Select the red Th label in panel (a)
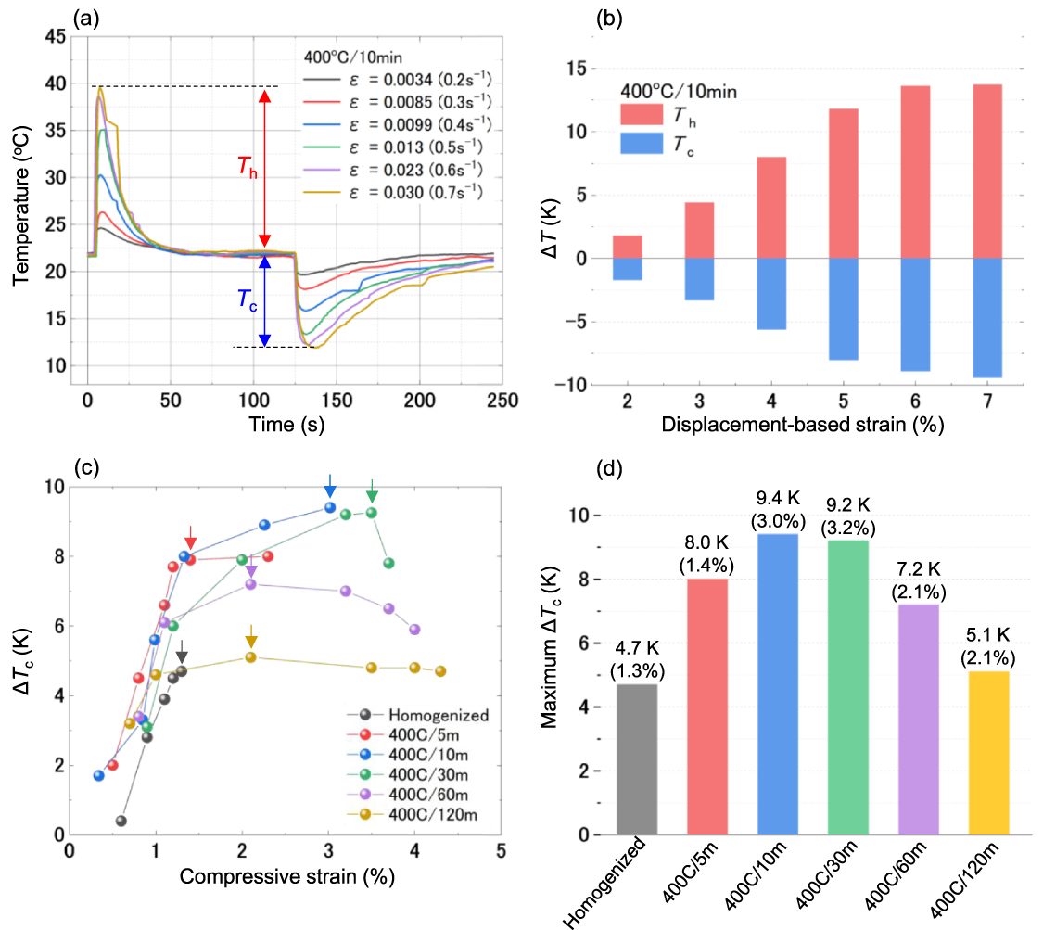243,168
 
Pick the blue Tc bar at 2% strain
628,269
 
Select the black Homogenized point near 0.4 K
121,821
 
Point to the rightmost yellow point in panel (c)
440,671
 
